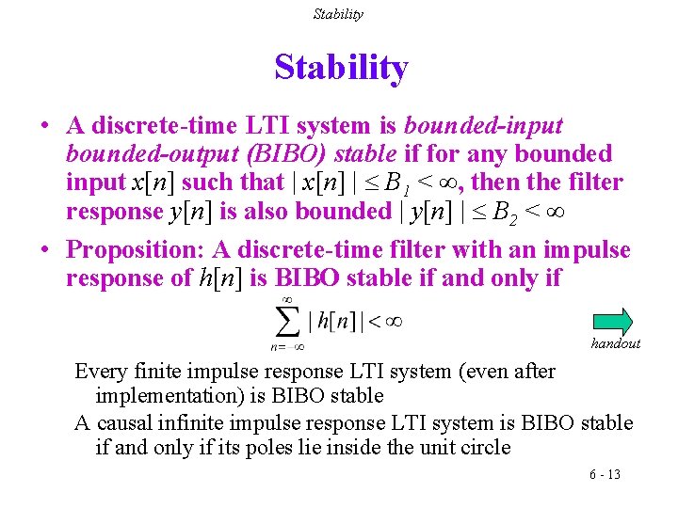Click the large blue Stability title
(x=341, y=69)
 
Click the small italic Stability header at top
(x=338, y=14)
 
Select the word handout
(x=615, y=343)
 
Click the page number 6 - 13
(x=605, y=474)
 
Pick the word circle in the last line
(x=482, y=448)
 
